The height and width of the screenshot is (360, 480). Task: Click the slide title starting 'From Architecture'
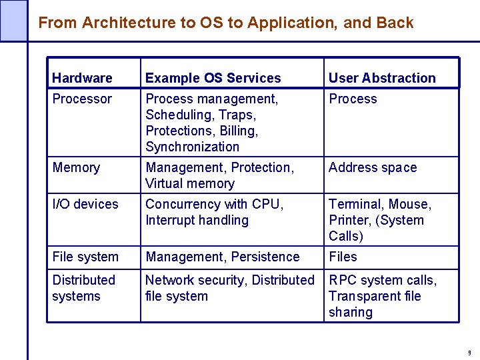click(x=225, y=23)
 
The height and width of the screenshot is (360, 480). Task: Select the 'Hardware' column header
click(x=82, y=78)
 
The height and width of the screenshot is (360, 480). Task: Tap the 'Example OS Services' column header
click(x=213, y=78)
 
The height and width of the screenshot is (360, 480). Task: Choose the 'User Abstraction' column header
click(x=382, y=78)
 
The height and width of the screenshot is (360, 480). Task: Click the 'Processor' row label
click(x=82, y=99)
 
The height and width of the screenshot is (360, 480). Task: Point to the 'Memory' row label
click(x=76, y=167)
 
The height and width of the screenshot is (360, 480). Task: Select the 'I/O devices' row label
click(x=85, y=204)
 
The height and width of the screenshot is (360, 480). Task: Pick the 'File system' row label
click(x=85, y=257)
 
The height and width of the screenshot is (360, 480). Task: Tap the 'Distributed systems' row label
click(x=83, y=288)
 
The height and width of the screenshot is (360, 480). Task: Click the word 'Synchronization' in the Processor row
click(x=192, y=147)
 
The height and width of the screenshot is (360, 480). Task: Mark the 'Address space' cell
click(x=372, y=167)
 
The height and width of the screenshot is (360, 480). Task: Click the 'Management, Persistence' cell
click(x=222, y=257)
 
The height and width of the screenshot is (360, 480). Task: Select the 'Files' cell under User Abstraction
click(x=343, y=257)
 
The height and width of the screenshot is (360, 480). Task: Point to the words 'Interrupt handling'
click(x=197, y=220)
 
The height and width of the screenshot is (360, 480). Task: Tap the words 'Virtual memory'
click(x=190, y=183)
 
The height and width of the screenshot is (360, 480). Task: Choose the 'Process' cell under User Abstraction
click(x=353, y=99)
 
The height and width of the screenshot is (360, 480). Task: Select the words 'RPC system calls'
click(x=381, y=280)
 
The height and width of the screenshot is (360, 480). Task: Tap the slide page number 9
click(x=469, y=353)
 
